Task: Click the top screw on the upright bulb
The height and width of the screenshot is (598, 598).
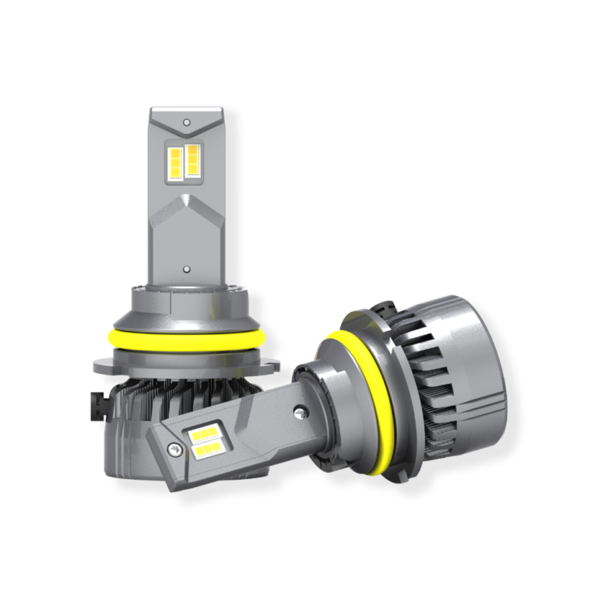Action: pyautogui.click(x=187, y=123)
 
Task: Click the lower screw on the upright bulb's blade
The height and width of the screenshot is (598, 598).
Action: pyautogui.click(x=187, y=269)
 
